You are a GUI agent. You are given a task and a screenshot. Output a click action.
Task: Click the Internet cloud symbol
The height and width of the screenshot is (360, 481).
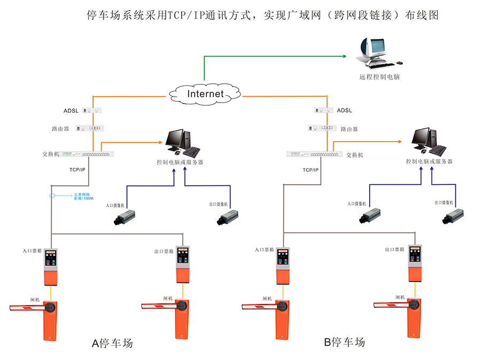pos(205,94)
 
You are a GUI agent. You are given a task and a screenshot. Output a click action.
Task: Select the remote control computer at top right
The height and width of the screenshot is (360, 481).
pos(378,53)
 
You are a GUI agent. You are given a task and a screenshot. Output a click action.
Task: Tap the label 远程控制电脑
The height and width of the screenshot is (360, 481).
pos(379,77)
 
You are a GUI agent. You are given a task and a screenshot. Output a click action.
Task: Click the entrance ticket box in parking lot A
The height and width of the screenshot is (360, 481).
pos(51,267)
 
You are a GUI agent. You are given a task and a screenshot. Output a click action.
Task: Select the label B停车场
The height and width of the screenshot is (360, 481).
pos(345,342)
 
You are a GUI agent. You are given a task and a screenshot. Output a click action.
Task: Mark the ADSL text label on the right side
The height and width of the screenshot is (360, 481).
pos(345,111)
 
